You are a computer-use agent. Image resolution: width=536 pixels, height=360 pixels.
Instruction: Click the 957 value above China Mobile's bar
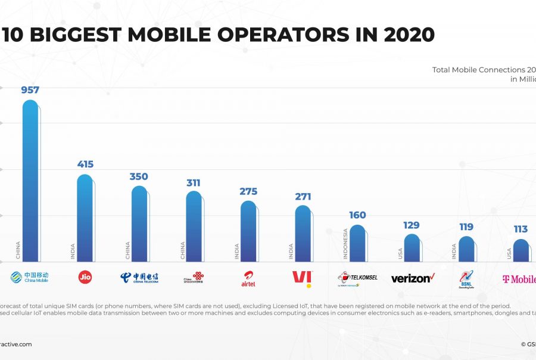click(x=30, y=90)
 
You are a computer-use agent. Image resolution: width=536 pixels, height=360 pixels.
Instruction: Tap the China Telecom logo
click(x=139, y=278)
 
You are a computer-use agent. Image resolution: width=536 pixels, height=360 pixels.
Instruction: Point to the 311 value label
click(x=194, y=182)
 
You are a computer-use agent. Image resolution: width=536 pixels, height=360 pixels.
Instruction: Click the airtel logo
click(x=248, y=278)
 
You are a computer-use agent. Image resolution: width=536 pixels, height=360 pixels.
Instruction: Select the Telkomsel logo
click(x=357, y=278)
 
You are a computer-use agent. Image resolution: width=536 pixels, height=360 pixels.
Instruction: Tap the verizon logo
click(x=413, y=278)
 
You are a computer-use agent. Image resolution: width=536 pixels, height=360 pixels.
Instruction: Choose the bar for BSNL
click(x=466, y=249)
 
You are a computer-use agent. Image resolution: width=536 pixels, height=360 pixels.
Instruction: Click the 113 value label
click(x=521, y=229)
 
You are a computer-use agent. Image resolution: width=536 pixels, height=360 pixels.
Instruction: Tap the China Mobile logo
click(x=29, y=277)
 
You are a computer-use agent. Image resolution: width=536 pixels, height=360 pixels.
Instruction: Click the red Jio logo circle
click(x=85, y=277)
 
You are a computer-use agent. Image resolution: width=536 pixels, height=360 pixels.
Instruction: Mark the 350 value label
click(x=139, y=176)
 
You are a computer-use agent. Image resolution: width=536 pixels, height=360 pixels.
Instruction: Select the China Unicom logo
click(x=194, y=278)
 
